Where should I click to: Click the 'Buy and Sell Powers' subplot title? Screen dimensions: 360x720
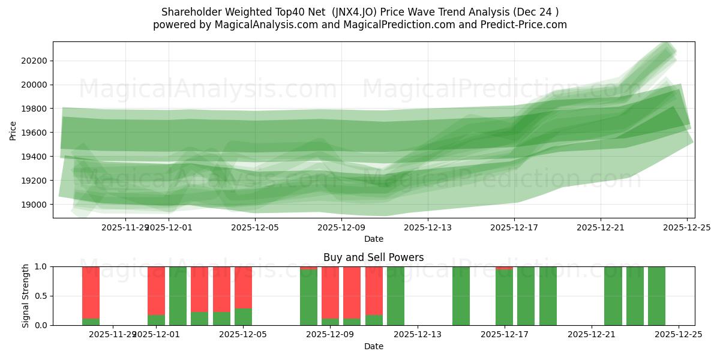[x=373, y=257]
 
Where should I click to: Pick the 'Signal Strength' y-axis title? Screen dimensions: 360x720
[x=26, y=296]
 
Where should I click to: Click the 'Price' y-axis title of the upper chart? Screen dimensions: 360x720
[x=13, y=130]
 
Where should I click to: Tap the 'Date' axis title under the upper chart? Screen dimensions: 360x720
[x=373, y=239]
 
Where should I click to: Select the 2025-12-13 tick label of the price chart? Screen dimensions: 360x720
[x=428, y=227]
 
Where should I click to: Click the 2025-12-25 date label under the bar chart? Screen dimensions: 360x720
[x=679, y=334]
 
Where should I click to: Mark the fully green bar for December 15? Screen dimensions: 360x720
[x=461, y=296]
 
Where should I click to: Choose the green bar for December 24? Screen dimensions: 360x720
[x=656, y=296]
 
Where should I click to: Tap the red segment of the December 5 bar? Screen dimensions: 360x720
[x=243, y=287]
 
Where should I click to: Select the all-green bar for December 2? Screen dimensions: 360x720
[x=178, y=296]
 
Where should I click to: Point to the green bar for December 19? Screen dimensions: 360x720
[x=548, y=296]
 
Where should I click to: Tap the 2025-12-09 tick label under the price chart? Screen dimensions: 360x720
[x=341, y=227]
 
